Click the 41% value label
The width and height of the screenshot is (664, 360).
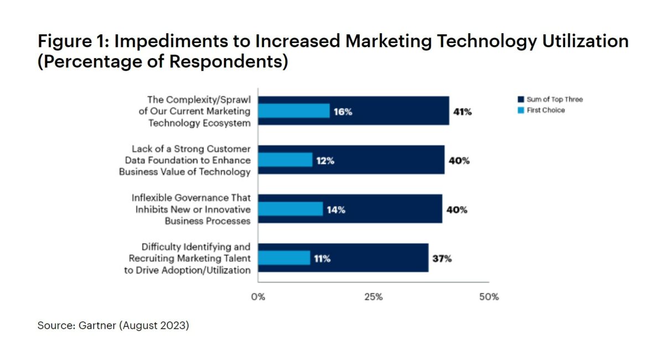click(x=462, y=112)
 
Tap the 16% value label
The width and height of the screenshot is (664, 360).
click(x=343, y=112)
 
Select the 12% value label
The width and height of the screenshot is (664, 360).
click(x=325, y=161)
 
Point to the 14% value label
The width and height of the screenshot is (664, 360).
click(x=336, y=210)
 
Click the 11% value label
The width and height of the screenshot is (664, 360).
click(x=322, y=258)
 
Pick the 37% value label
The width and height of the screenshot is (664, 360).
click(x=442, y=258)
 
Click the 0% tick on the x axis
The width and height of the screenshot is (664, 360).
click(x=258, y=297)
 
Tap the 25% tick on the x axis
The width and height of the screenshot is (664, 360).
click(x=373, y=297)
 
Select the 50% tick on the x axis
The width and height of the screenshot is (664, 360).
click(x=489, y=297)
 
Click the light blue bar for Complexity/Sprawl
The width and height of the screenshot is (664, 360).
click(x=294, y=111)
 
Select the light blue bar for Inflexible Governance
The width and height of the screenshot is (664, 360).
click(x=290, y=209)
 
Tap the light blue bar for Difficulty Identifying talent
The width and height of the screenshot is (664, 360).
click(x=284, y=258)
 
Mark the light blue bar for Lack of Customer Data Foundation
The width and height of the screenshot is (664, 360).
click(x=286, y=160)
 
